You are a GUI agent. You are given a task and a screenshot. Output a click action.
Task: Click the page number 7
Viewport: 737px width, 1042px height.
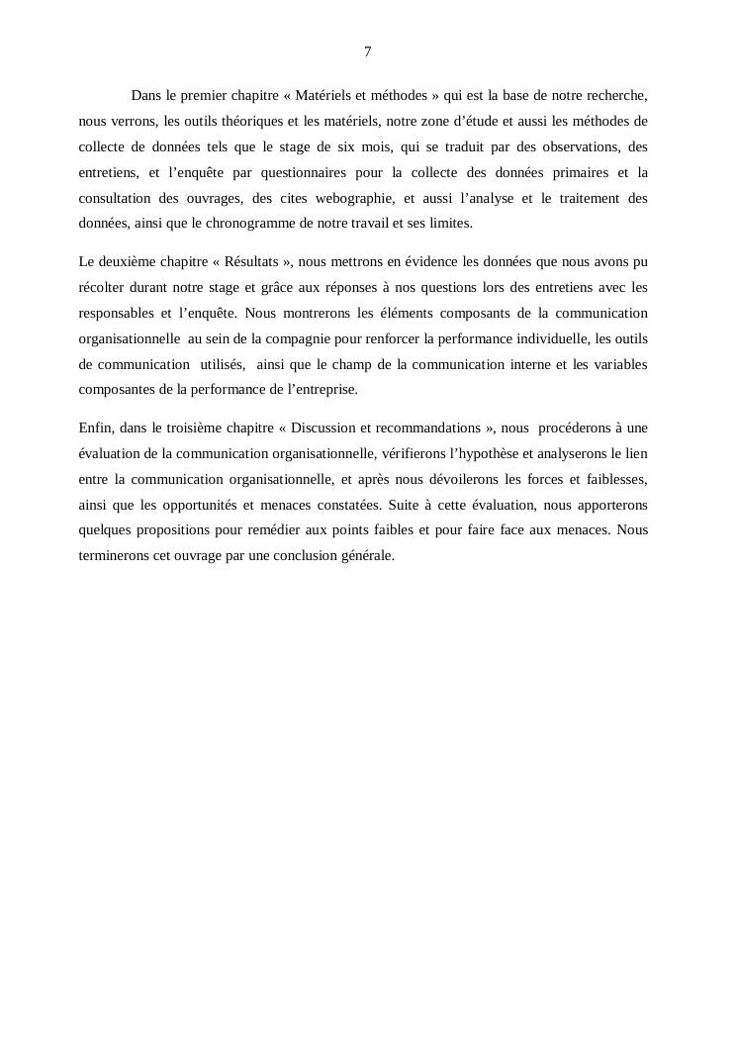(368, 51)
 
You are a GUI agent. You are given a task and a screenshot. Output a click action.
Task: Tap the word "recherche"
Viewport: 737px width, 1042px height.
(614, 96)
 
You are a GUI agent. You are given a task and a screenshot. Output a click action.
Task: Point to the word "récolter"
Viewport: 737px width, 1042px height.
(102, 287)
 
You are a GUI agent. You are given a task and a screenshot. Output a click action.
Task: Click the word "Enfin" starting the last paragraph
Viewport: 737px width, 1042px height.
(95, 427)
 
